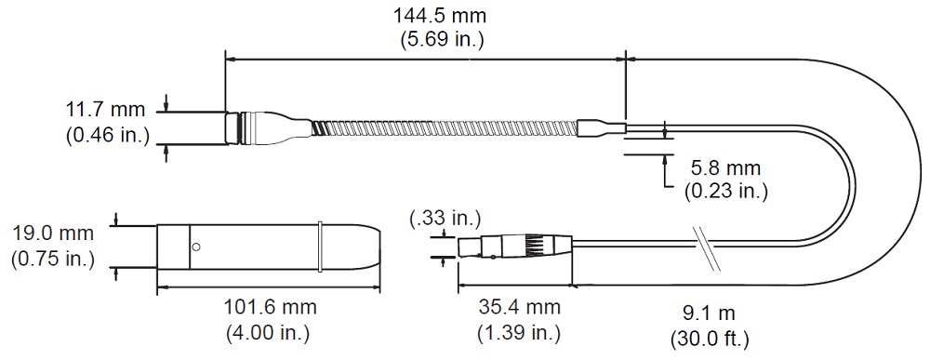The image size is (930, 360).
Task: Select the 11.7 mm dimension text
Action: click(106, 111)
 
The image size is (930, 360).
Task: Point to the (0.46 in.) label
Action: click(106, 135)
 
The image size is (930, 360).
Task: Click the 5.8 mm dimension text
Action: click(725, 167)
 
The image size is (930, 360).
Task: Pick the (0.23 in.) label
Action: click(726, 191)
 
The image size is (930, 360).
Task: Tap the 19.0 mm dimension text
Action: click(53, 233)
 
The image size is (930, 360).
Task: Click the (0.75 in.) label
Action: click(53, 259)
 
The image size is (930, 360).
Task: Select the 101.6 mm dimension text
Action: click(270, 307)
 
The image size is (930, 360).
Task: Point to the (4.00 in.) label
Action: click(268, 332)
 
